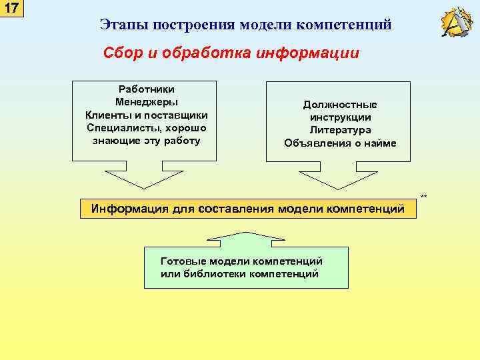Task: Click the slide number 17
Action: [12, 9]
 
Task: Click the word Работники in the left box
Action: [146, 89]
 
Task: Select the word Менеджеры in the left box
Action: [146, 102]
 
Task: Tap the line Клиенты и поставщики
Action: [146, 115]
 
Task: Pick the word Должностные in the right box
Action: [340, 105]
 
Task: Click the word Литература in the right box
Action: [340, 131]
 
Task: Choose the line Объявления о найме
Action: [340, 143]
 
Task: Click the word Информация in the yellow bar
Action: [130, 209]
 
